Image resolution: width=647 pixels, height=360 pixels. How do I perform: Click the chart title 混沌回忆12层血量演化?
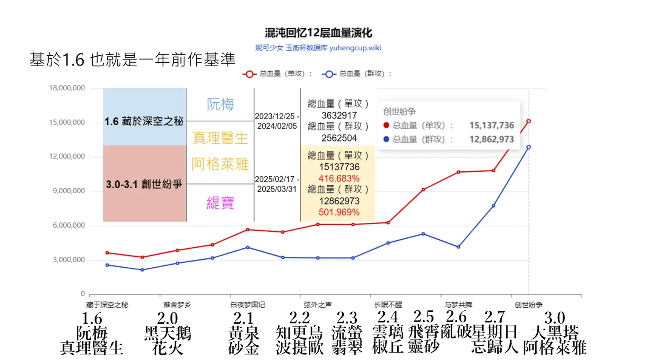[x=318, y=33]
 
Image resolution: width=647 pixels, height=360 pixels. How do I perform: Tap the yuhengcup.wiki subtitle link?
[x=318, y=48]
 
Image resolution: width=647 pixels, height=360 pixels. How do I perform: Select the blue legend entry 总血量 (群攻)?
[x=356, y=74]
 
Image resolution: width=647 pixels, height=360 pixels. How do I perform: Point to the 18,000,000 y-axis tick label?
[x=67, y=88]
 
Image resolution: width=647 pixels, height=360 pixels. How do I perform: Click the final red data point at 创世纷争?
[x=528, y=121]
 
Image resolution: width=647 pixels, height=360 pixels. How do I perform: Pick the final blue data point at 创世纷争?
[x=528, y=147]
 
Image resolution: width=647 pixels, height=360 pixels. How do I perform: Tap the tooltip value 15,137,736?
[x=491, y=125]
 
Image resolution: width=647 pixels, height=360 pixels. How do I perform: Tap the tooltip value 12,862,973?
[x=491, y=139]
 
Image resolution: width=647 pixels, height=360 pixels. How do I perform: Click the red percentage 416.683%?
[x=339, y=178]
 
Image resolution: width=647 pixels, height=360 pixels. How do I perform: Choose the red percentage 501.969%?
[x=339, y=212]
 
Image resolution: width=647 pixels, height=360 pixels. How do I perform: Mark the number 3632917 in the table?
[x=339, y=115]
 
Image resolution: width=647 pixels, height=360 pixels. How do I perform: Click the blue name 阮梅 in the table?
[x=220, y=104]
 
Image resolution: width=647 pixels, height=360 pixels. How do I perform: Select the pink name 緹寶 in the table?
[x=220, y=202]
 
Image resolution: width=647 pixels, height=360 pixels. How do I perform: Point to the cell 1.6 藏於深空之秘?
[x=144, y=121]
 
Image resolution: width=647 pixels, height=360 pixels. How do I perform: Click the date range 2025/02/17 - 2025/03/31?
[x=277, y=184]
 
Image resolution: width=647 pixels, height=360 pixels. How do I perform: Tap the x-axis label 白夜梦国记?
[x=248, y=305]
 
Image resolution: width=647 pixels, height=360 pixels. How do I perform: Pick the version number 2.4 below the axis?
[x=388, y=317]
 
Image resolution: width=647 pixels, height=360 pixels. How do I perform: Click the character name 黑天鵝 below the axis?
[x=167, y=333]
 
